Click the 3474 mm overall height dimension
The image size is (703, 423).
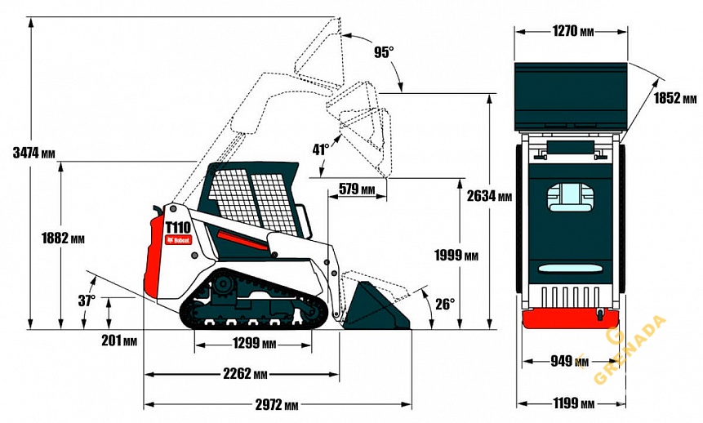click(33, 153)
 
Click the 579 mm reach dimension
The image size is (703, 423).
click(357, 189)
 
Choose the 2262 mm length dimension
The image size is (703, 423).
click(246, 375)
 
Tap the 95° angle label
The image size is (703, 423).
click(384, 52)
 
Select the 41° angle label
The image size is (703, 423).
click(321, 149)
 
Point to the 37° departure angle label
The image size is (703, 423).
click(87, 300)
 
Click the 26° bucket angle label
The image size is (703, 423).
click(444, 304)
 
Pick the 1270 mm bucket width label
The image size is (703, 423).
click(572, 32)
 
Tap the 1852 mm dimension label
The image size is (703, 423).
click(675, 99)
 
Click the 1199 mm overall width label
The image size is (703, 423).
click(572, 403)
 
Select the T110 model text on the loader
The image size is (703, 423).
click(178, 228)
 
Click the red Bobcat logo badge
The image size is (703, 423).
click(178, 240)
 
